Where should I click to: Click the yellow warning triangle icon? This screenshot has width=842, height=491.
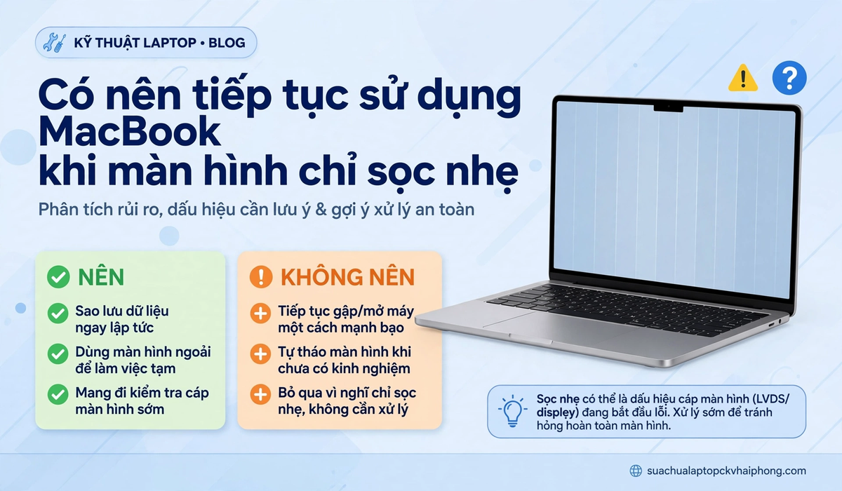pos(743,79)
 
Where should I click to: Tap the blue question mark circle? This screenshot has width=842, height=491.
pos(789,78)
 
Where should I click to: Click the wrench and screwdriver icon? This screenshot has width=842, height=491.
pos(55,43)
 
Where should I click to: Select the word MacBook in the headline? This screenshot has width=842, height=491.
pos(129,132)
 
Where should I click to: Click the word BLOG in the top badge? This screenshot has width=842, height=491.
pos(227,43)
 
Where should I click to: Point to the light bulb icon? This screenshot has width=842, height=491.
pos(512,410)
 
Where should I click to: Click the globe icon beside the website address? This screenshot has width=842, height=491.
pos(636,471)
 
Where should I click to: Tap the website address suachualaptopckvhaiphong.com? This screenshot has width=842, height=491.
pos(726,471)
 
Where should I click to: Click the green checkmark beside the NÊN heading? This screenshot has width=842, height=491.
pos(58,277)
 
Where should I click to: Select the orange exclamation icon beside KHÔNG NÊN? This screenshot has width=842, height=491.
pos(261,277)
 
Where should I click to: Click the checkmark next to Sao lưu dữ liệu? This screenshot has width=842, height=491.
pos(58,314)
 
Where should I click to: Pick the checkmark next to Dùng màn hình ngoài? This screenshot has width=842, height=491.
pos(58,354)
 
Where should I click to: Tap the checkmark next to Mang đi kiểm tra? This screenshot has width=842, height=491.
pos(58,394)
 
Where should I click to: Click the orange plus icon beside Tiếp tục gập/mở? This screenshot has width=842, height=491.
pos(260,314)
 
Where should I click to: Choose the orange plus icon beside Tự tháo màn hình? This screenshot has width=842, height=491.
pos(260,354)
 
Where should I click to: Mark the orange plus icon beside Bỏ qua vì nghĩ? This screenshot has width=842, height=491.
pos(260,394)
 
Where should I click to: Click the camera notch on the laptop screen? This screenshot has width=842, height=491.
pos(668,108)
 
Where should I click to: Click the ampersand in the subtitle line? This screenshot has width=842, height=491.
pos(321,210)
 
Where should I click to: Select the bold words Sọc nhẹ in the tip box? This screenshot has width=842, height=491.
pos(558,398)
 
